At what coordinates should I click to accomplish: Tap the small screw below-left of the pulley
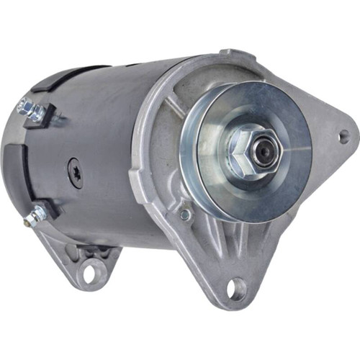[185, 214]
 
